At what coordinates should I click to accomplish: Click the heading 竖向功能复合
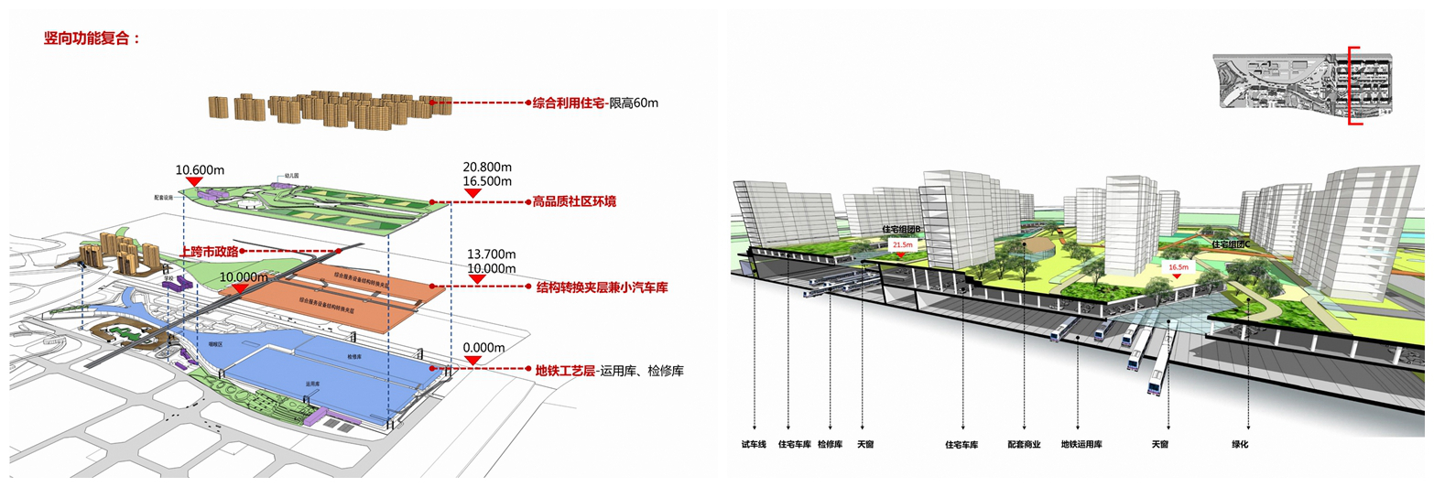[x=92, y=38]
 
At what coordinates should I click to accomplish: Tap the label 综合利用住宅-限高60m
[x=595, y=103]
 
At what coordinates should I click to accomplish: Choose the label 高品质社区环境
[x=574, y=201]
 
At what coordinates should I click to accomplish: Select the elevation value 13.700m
[x=493, y=254]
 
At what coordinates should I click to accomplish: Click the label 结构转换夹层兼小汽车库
[x=602, y=287]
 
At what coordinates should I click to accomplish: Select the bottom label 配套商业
[x=1025, y=445]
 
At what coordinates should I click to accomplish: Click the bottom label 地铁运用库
[x=1081, y=445]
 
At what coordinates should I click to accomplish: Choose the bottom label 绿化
[x=1241, y=445]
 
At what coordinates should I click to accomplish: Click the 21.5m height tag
[x=902, y=245]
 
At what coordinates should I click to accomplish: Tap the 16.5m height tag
[x=1179, y=268]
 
